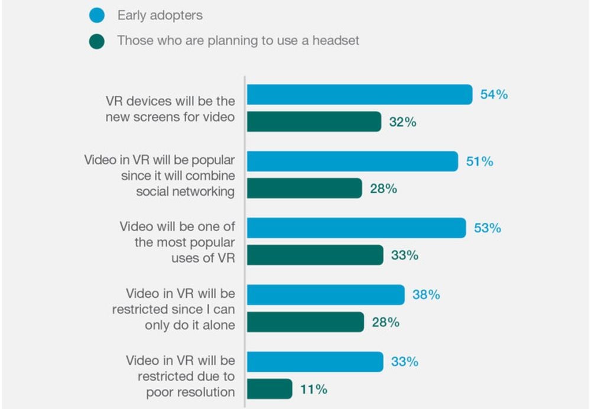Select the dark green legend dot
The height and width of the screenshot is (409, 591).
click(x=97, y=41)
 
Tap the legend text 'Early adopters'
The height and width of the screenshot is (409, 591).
click(x=160, y=15)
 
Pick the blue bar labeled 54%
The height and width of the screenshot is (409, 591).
click(x=359, y=95)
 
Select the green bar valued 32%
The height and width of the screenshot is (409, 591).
click(x=314, y=122)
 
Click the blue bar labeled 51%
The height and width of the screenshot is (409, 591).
click(x=352, y=161)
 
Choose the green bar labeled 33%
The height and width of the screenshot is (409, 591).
click(x=315, y=255)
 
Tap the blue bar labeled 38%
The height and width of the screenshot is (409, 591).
click(x=326, y=294)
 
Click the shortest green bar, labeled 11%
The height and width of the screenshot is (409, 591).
click(x=269, y=389)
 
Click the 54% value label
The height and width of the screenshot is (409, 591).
click(x=494, y=95)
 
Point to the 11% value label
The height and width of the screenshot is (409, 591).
click(x=313, y=389)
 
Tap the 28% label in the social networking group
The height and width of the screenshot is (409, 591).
click(x=384, y=189)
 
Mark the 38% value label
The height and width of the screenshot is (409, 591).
click(x=426, y=294)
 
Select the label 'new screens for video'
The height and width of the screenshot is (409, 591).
click(x=170, y=116)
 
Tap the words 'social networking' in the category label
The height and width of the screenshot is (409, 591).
click(x=185, y=191)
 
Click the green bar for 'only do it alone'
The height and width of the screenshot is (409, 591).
click(x=305, y=322)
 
